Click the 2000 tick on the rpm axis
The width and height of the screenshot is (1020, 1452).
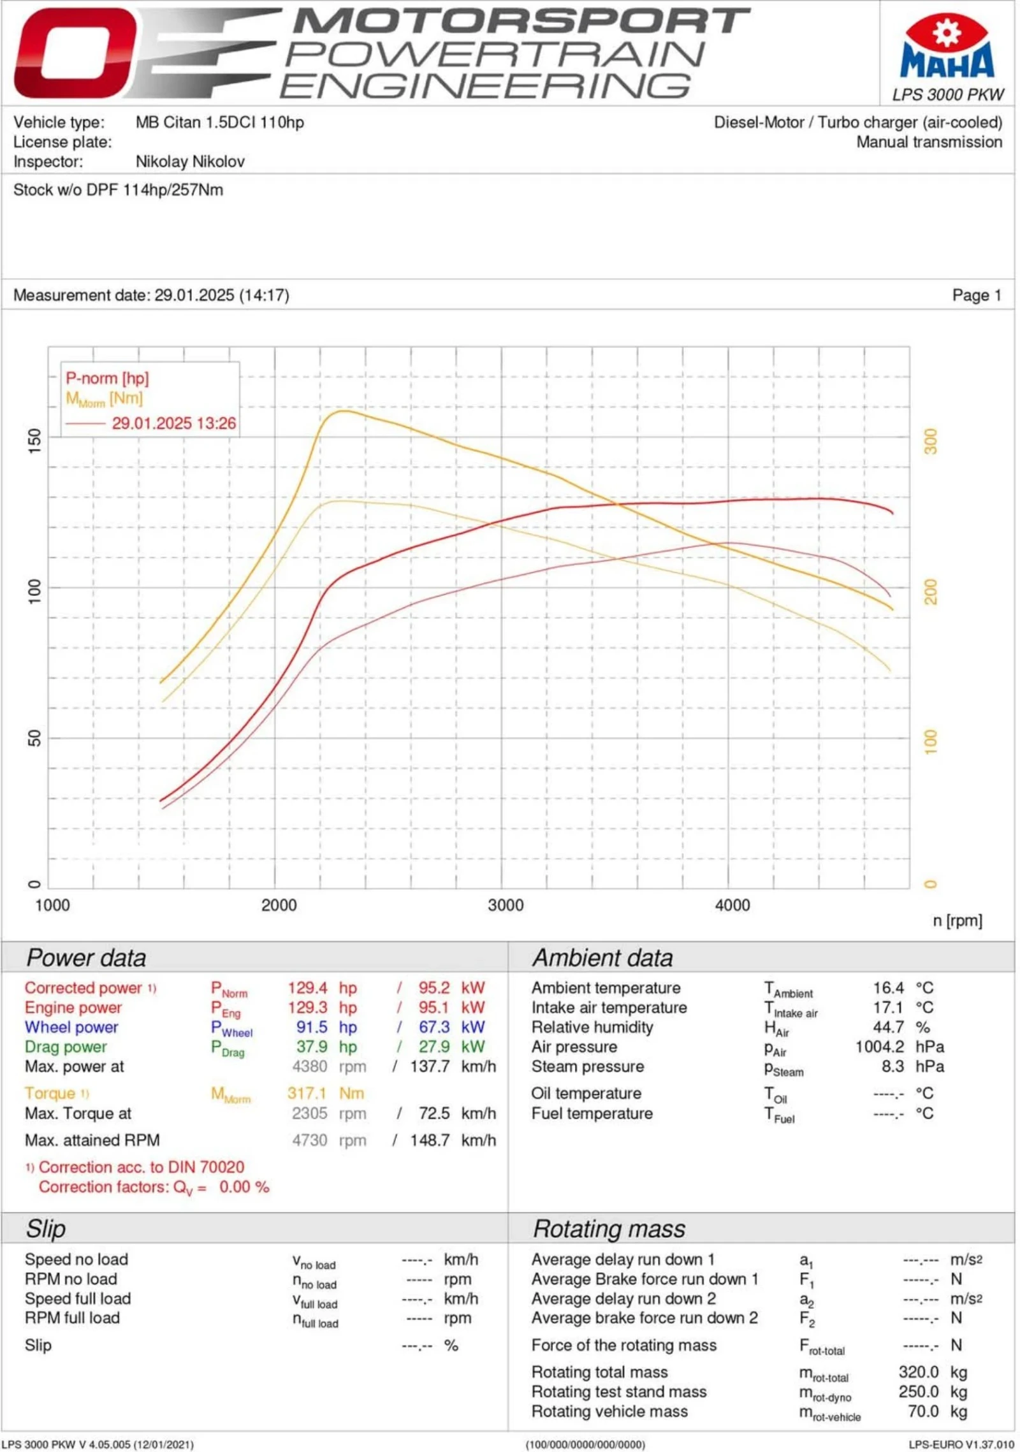tap(279, 904)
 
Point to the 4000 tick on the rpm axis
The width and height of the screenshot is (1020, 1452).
tap(732, 904)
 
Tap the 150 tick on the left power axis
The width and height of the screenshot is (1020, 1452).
tap(34, 440)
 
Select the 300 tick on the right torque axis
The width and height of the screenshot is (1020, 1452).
tap(930, 440)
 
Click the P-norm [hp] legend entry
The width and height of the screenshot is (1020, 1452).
tap(107, 378)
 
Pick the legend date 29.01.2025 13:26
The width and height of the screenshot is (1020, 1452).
tap(173, 423)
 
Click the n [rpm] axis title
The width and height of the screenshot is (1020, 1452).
tap(957, 920)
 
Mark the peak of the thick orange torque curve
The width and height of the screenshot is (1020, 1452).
tap(343, 410)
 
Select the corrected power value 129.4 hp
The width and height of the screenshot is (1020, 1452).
tap(307, 988)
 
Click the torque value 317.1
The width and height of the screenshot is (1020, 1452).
tap(306, 1093)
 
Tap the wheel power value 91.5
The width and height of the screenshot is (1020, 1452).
tap(312, 1027)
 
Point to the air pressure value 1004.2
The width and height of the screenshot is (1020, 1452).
tap(879, 1047)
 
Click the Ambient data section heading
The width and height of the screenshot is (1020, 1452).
tap(602, 957)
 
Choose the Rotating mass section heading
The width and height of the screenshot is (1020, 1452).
tap(608, 1228)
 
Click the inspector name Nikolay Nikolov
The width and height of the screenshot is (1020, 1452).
tap(190, 161)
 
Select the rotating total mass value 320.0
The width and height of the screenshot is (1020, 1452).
tap(918, 1372)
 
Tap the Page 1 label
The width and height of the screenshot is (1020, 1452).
tap(976, 295)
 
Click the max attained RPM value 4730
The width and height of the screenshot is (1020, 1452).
tap(309, 1140)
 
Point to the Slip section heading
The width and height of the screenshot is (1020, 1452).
tap(45, 1228)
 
